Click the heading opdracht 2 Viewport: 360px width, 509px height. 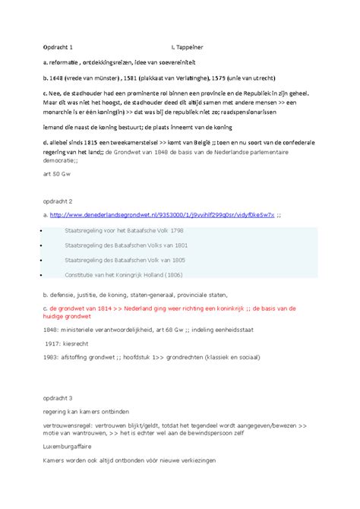(60, 201)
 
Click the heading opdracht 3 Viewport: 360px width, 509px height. (60, 398)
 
